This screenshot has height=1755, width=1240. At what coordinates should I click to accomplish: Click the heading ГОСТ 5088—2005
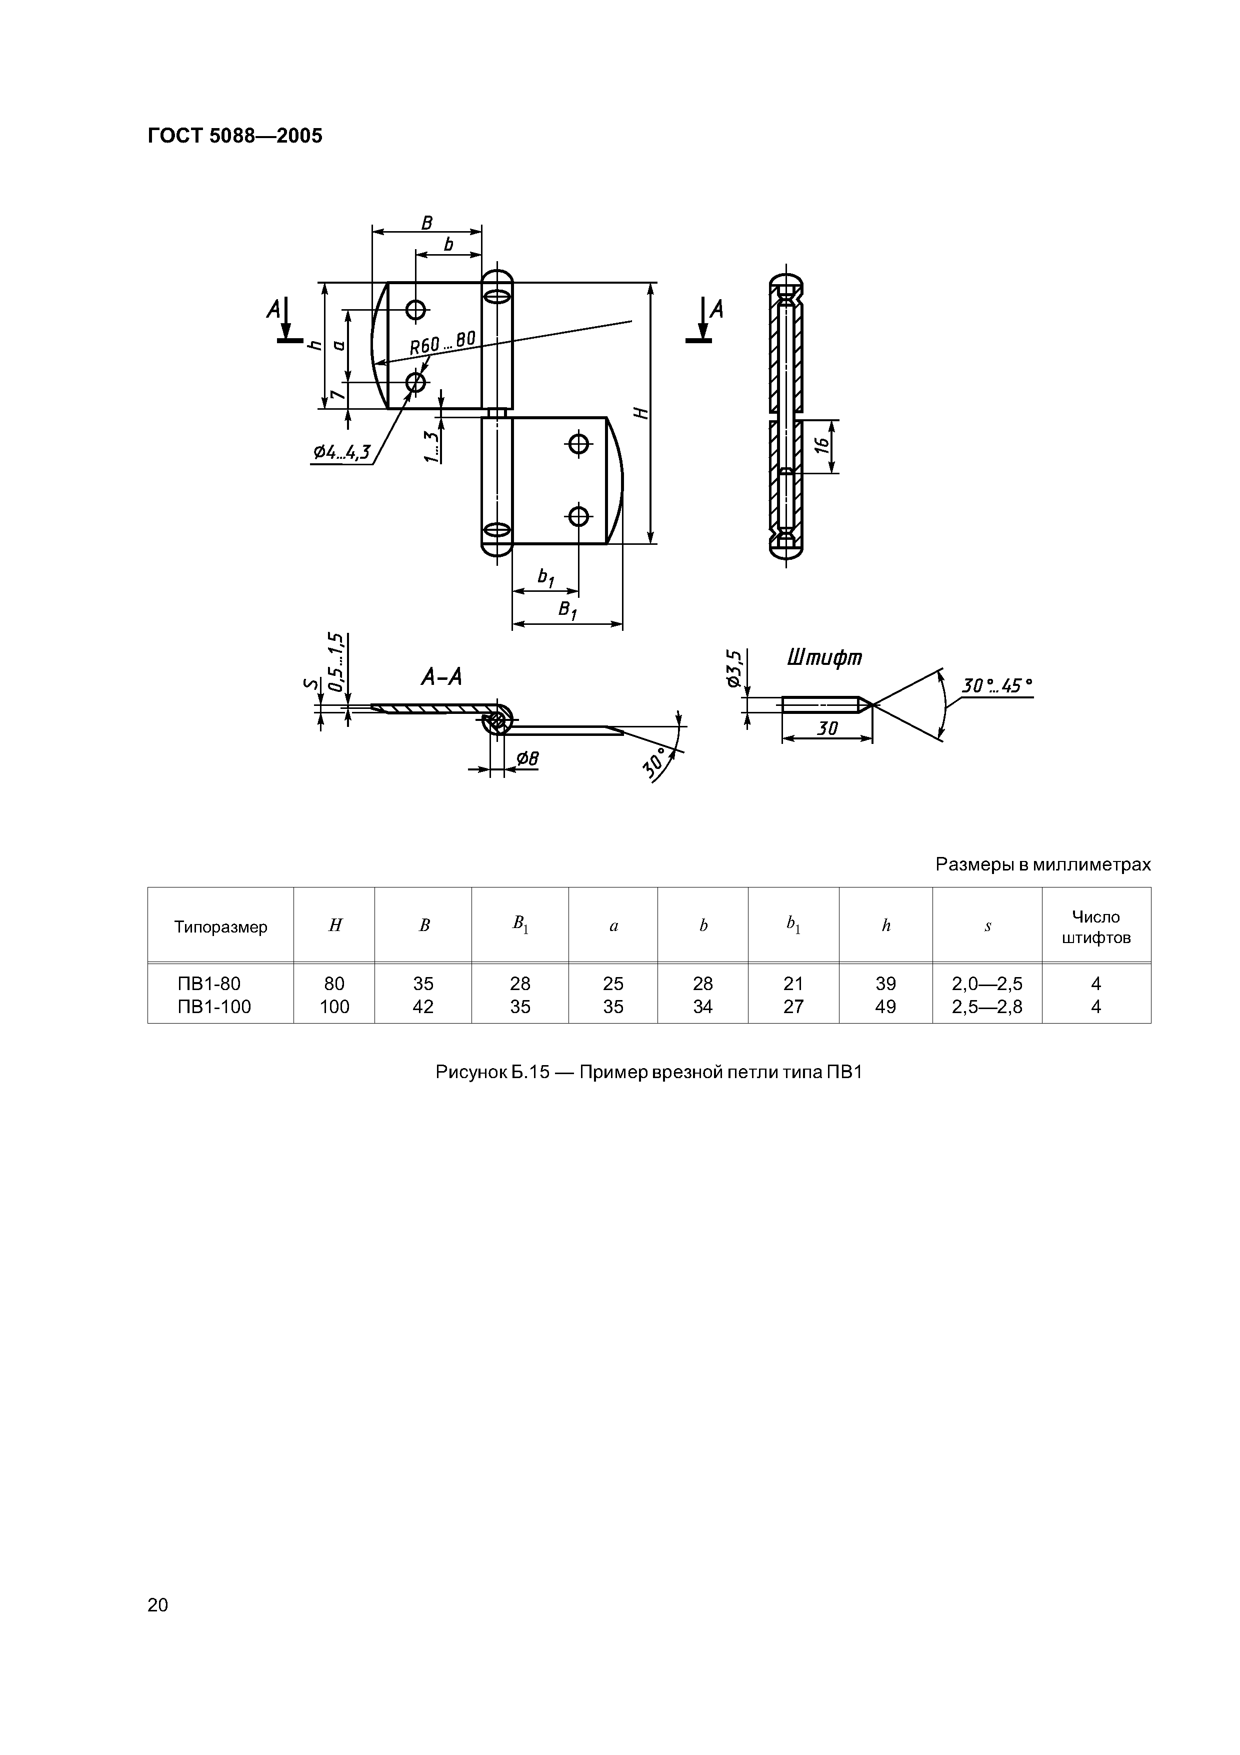[x=234, y=136]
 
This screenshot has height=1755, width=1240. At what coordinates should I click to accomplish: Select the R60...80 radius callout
[x=442, y=342]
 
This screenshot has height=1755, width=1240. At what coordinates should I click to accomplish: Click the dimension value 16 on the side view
[x=822, y=446]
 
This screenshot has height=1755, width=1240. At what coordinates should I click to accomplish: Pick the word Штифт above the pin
[x=824, y=657]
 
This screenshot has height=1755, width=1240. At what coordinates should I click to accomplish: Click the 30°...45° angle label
[x=995, y=686]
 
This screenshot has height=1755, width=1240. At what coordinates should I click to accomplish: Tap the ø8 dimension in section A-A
[x=527, y=758]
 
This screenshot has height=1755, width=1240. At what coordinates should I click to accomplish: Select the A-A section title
[x=441, y=676]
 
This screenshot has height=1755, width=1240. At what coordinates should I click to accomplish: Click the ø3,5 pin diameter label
[x=734, y=669]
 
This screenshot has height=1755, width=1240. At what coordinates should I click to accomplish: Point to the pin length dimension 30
[x=827, y=728]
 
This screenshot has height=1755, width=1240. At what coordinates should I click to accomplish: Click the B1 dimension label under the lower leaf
[x=567, y=610]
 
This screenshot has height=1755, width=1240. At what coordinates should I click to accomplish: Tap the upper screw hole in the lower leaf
[x=579, y=443]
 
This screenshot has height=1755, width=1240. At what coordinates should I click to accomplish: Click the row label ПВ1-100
[x=214, y=1007]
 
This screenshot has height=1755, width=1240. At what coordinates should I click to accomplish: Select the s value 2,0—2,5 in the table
[x=986, y=984]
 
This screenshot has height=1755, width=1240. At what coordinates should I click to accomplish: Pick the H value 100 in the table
[x=334, y=1007]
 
